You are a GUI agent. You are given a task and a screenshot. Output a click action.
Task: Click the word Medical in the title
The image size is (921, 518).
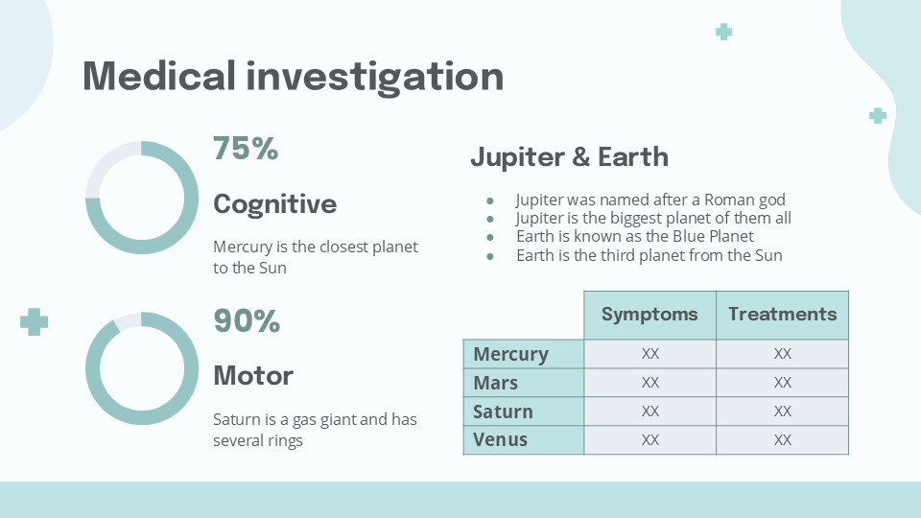[159, 76]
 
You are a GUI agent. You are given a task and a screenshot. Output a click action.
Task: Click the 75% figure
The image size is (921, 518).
[246, 148]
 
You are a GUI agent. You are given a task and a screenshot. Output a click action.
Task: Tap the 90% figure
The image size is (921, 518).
[247, 320]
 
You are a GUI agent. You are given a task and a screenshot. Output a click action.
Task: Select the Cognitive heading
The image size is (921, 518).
[275, 204]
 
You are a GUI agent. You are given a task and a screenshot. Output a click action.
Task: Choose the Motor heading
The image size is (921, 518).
[253, 376]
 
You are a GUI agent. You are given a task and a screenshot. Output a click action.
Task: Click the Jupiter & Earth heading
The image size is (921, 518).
[569, 156]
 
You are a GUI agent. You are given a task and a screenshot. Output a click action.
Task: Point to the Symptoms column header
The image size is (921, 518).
[649, 315]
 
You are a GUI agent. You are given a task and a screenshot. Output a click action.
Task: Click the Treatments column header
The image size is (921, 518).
[783, 315]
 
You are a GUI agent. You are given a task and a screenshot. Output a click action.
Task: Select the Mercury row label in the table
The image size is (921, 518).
[511, 354]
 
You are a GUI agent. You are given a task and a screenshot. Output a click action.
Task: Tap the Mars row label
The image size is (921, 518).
[496, 383]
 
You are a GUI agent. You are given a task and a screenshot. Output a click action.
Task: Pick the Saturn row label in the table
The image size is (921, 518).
[503, 412]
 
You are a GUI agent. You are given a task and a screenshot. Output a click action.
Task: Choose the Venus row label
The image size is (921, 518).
[501, 440]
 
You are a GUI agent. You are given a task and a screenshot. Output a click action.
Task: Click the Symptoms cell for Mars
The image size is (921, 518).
[650, 383]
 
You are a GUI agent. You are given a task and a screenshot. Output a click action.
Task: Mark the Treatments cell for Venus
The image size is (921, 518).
[783, 440]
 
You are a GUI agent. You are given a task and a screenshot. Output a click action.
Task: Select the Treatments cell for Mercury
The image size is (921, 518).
[783, 354]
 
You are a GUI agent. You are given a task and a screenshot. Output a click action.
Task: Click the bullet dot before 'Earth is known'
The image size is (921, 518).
[490, 237]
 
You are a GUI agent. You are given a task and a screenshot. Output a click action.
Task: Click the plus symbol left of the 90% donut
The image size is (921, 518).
[35, 322]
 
